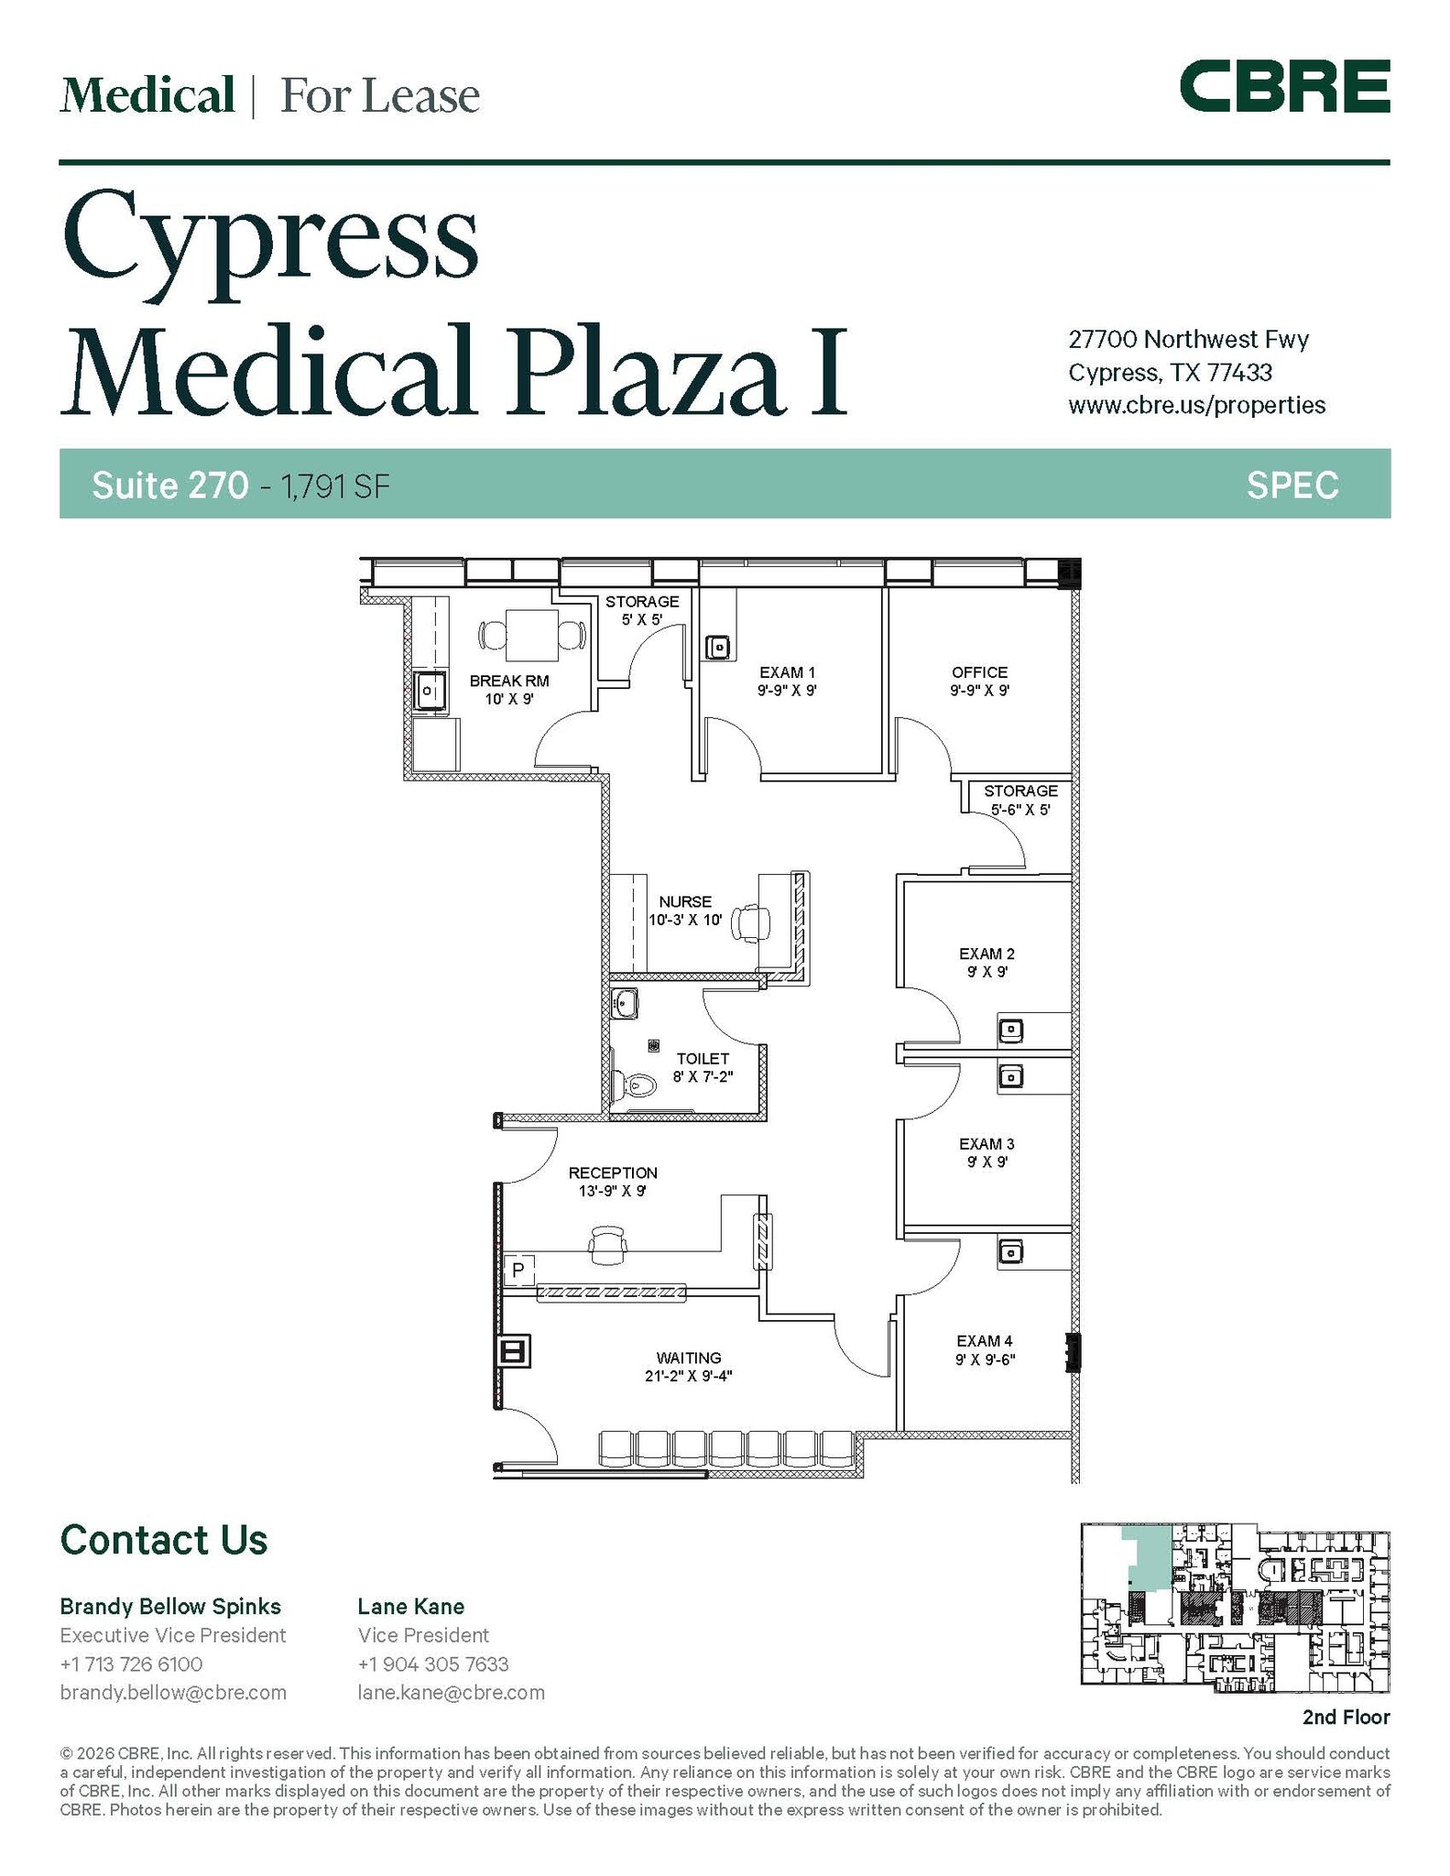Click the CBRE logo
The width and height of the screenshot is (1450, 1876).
pyautogui.click(x=1284, y=86)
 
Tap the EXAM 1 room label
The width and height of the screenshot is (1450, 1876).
pyautogui.click(x=787, y=673)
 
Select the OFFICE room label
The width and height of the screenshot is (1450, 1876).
pyautogui.click(x=979, y=672)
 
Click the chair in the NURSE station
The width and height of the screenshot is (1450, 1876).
pyautogui.click(x=751, y=922)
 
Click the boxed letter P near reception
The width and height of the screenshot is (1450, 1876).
pyautogui.click(x=518, y=1270)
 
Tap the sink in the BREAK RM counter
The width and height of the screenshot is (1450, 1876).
pyautogui.click(x=429, y=690)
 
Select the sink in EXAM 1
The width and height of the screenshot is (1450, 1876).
pyautogui.click(x=719, y=648)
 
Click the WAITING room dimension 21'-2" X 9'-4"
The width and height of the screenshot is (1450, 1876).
pyautogui.click(x=688, y=1375)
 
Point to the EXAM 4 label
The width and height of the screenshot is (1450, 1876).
pyautogui.click(x=985, y=1341)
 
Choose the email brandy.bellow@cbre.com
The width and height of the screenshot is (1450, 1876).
pyautogui.click(x=173, y=1693)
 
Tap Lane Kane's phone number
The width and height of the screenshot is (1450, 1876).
pyautogui.click(x=432, y=1664)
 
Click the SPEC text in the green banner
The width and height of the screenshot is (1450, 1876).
pyautogui.click(x=1292, y=485)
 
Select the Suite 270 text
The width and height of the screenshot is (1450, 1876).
pyautogui.click(x=169, y=485)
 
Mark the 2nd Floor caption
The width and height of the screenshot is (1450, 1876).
pyautogui.click(x=1346, y=1718)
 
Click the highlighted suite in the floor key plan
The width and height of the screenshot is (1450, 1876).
pyautogui.click(x=1149, y=1556)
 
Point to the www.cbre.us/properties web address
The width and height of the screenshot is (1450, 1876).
pyautogui.click(x=1196, y=405)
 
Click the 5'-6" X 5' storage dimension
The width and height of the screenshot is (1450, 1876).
pyautogui.click(x=1019, y=810)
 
